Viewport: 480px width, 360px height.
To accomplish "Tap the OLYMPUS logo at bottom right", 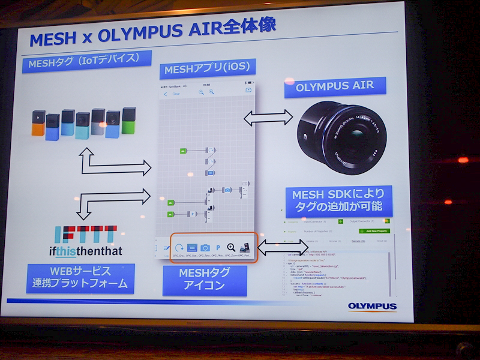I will pos(372,307).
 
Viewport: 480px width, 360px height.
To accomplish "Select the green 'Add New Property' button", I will pos(374,230).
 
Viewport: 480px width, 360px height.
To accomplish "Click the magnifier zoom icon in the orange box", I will pos(231,247).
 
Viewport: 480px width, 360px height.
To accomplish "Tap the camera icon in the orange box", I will pos(205,247).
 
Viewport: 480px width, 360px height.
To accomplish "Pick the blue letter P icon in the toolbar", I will pos(218,247).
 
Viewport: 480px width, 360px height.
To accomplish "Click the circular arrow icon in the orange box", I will pos(179,247).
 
